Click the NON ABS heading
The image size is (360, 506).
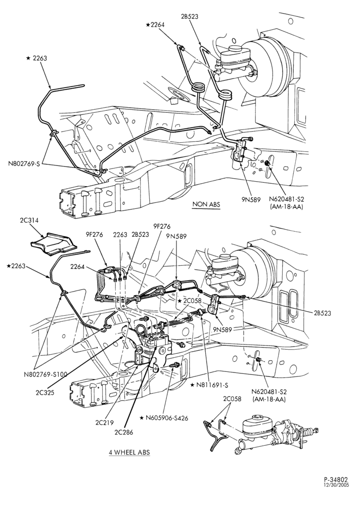click(x=206, y=204)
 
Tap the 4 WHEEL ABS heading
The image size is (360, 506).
click(x=129, y=452)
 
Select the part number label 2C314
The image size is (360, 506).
click(x=29, y=221)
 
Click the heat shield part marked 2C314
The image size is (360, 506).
click(x=53, y=244)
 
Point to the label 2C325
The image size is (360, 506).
click(x=45, y=393)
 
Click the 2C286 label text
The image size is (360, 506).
click(x=123, y=432)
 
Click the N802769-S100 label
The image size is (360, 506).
click(x=46, y=374)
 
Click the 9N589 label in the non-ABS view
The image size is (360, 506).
click(x=251, y=200)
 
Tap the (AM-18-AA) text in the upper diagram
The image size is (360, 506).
click(x=287, y=207)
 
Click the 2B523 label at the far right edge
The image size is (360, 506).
click(x=322, y=313)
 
